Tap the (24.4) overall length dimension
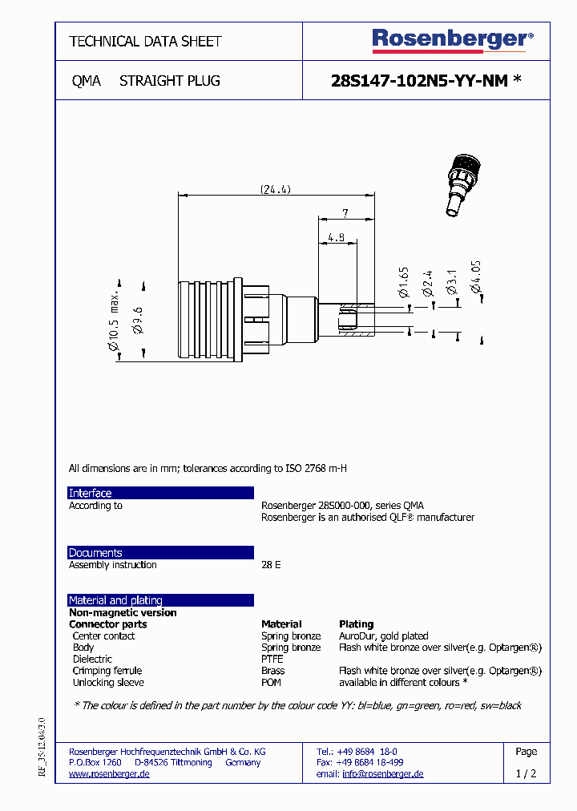tap(275, 190)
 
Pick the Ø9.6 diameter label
tap(138, 320)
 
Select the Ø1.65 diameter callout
tap(404, 284)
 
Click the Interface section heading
tap(91, 493)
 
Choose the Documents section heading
tap(95, 553)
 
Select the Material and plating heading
tap(115, 600)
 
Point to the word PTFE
tap(272, 659)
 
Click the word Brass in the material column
tap(272, 671)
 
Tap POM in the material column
tap(272, 683)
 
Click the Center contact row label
tap(103, 635)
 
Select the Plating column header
tap(357, 623)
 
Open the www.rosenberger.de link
tap(109, 774)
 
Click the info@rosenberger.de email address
tap(383, 774)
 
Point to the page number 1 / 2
tap(526, 774)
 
